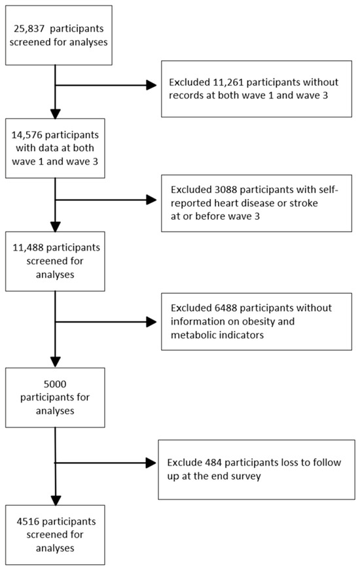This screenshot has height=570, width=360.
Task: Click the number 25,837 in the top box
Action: click(28, 29)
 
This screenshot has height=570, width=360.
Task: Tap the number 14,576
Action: click(27, 135)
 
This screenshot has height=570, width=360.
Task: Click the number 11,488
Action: click(28, 247)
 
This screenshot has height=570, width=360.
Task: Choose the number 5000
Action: click(55, 384)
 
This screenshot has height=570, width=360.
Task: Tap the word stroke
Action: click(303, 203)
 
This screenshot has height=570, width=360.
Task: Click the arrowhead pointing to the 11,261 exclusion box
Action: click(151, 86)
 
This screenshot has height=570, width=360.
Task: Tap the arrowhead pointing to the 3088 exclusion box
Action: click(151, 200)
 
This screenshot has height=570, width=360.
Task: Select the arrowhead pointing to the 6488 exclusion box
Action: click(151, 322)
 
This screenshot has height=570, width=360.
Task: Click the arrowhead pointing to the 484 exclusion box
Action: click(151, 463)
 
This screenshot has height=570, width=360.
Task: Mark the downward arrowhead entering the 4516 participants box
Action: click(55, 500)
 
